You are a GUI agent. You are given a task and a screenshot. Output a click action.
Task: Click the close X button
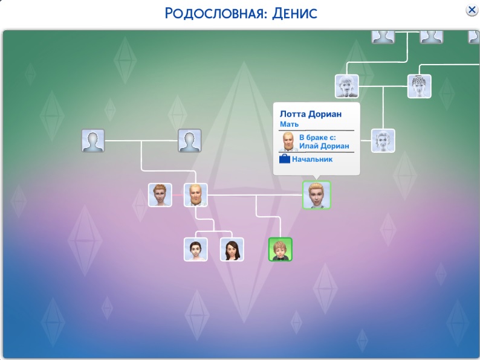(x=472, y=10)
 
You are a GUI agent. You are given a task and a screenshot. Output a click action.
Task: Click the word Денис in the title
(x=294, y=13)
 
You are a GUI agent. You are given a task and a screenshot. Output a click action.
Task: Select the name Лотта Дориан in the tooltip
(x=310, y=114)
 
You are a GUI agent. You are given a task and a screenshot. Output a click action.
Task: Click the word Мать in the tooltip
(x=289, y=124)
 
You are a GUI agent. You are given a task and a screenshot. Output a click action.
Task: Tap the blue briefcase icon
(x=284, y=159)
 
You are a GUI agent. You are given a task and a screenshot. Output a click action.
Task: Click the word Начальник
(x=312, y=159)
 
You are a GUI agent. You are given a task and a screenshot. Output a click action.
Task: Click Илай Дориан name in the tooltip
(x=324, y=146)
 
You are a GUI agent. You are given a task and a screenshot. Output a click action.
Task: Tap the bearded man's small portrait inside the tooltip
(x=288, y=141)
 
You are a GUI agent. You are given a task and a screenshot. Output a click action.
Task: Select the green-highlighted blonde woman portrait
(x=317, y=195)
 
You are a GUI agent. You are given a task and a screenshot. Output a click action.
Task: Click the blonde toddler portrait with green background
(x=280, y=249)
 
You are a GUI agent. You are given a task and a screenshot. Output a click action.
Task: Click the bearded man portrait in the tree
(x=196, y=195)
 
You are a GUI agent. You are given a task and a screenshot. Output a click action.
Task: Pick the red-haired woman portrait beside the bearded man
(x=160, y=195)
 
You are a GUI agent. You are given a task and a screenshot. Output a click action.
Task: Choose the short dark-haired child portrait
(x=196, y=249)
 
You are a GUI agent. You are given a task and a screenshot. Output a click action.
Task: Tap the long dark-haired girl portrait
(x=232, y=249)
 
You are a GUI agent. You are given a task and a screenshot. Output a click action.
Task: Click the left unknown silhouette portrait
(x=93, y=141)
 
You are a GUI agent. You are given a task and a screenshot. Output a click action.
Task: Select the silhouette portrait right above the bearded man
(x=189, y=141)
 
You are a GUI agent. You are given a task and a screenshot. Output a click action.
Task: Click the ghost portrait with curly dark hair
(x=420, y=86)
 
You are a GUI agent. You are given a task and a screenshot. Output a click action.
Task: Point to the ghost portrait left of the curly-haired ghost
(x=347, y=86)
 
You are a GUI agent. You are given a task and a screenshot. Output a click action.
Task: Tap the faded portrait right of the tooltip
(x=383, y=141)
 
